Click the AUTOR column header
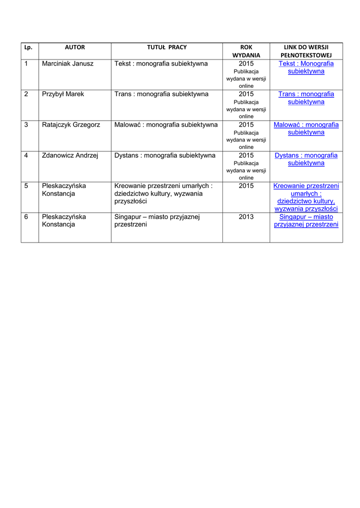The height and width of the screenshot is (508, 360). coord(75,48)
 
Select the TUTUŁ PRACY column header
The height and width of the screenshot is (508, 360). coord(166,48)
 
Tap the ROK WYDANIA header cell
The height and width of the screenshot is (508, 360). coord(246,51)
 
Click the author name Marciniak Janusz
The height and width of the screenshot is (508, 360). coord(68,64)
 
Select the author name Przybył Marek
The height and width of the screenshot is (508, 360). coord(63,94)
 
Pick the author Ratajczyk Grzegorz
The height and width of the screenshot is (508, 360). coord(71,125)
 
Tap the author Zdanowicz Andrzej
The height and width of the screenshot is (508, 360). coord(70,156)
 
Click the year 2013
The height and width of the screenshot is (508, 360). coord(246,217)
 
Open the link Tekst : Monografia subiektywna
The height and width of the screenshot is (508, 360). coord(306,67)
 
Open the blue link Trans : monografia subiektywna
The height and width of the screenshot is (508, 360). coord(306,98)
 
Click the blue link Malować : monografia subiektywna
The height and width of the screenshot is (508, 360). coord(306,128)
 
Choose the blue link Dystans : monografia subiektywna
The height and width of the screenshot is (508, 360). coord(306,159)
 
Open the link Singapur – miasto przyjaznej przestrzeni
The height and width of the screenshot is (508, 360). coord(306,221)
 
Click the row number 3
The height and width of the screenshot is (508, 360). coord(26,125)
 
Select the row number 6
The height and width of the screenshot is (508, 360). coord(26,217)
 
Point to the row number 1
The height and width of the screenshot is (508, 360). coord(26,64)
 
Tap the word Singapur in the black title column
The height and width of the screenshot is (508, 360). coord(128,217)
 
